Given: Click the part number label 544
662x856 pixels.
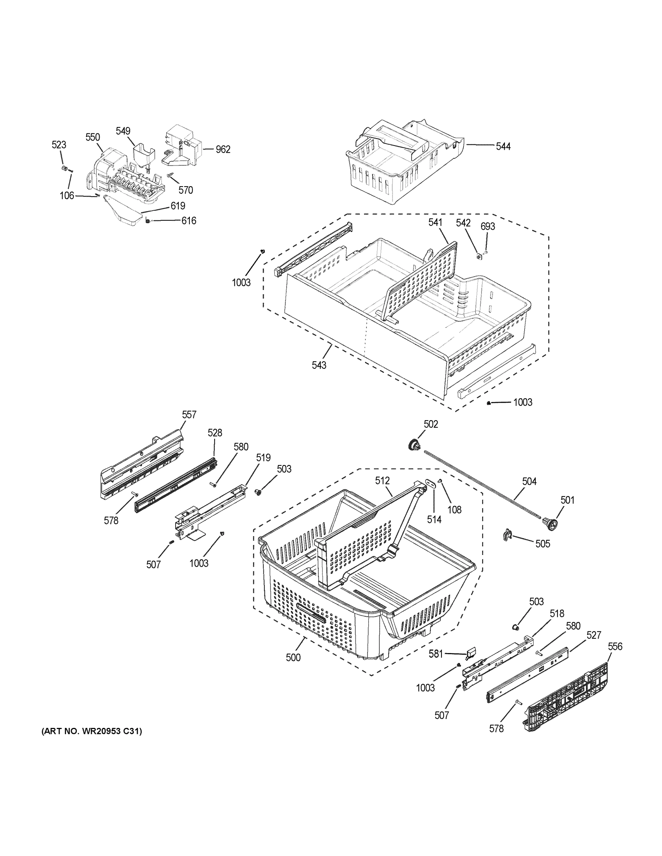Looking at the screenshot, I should (x=503, y=146).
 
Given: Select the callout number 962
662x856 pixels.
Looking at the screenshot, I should (x=223, y=149).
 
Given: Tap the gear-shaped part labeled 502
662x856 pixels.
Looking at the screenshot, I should (x=413, y=445).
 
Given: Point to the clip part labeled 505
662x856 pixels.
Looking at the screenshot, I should (x=507, y=535).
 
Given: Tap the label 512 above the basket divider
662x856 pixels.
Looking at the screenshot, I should (x=382, y=480).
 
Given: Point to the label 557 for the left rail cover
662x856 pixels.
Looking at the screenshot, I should (x=189, y=415).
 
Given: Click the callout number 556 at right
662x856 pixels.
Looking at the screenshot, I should (x=615, y=646).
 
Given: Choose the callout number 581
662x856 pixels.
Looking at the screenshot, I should (x=436, y=654).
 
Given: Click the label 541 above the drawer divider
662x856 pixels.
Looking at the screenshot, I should (x=435, y=222).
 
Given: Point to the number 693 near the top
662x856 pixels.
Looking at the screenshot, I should (x=487, y=226).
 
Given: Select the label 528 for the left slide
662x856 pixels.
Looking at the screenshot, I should (x=214, y=433).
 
